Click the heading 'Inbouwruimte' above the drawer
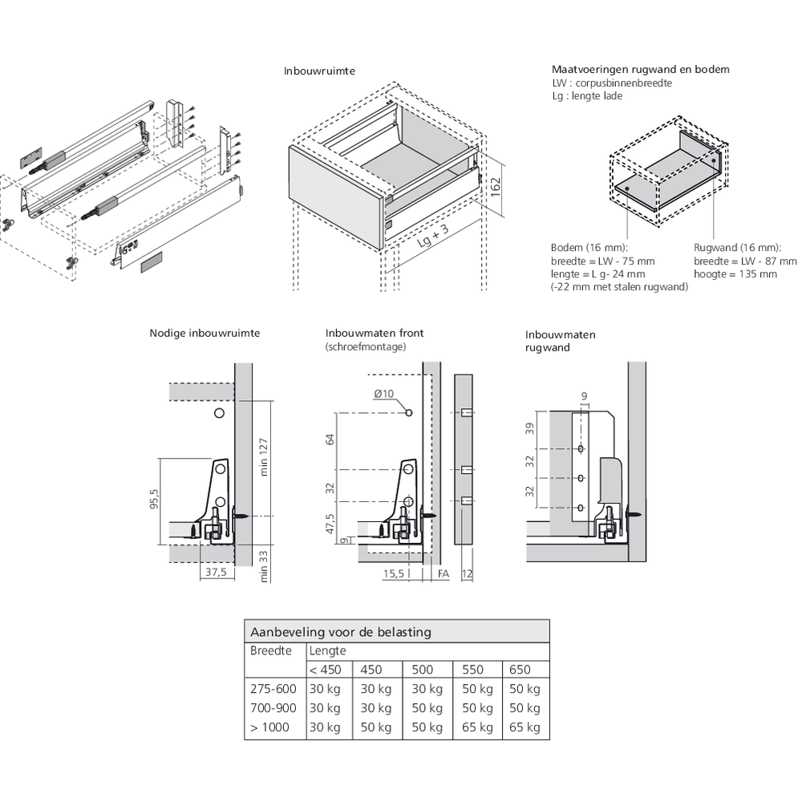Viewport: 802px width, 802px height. coord(319,71)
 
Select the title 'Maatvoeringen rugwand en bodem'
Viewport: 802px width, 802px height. coord(640,70)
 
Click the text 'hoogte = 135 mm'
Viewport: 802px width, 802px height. coord(735,274)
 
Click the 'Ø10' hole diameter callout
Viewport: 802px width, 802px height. coord(385,393)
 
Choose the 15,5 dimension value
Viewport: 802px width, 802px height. coord(393,573)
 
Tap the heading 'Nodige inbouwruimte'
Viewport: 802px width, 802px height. coord(204,333)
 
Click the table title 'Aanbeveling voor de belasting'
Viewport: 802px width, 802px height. coord(341,631)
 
